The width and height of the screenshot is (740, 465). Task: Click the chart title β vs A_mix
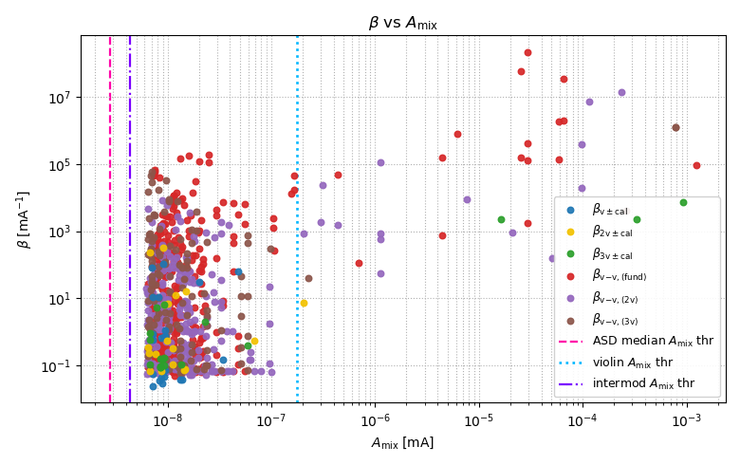[x=403, y=23]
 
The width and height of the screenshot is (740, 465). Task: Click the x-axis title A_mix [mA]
[x=403, y=443]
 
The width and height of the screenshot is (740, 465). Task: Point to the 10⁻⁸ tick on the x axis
[x=167, y=403]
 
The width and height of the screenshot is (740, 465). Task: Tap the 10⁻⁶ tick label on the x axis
[x=375, y=419]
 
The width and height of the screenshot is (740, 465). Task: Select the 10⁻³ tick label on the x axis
[x=685, y=419]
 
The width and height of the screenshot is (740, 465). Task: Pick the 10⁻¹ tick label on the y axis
[x=61, y=365]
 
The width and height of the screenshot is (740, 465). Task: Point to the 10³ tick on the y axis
[x=81, y=232]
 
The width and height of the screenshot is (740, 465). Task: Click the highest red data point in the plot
[x=527, y=52]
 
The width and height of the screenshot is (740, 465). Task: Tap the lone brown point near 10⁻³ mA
[x=675, y=127]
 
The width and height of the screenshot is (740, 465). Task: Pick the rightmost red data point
[x=696, y=165]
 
